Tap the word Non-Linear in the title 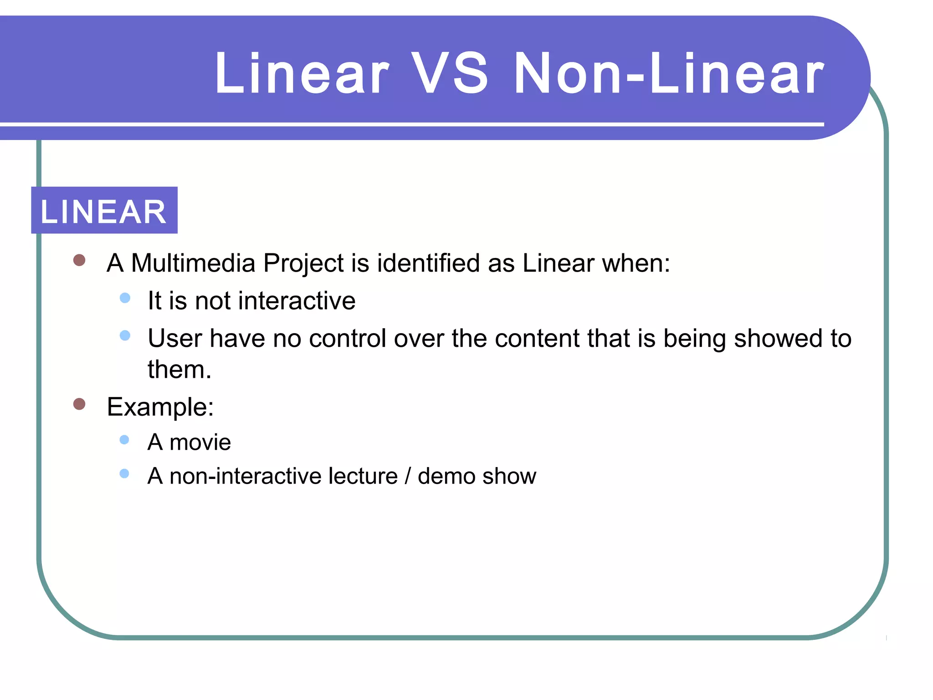[x=668, y=74]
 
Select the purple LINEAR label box [x=104, y=211]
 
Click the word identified [x=428, y=263]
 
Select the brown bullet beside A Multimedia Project [x=79, y=260]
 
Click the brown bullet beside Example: [x=79, y=404]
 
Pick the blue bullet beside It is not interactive [x=125, y=298]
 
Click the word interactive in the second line [x=297, y=301]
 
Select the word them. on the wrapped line [x=179, y=370]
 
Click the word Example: [x=160, y=407]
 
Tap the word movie [x=200, y=443]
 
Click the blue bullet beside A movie [x=124, y=440]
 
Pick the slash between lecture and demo [x=407, y=476]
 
